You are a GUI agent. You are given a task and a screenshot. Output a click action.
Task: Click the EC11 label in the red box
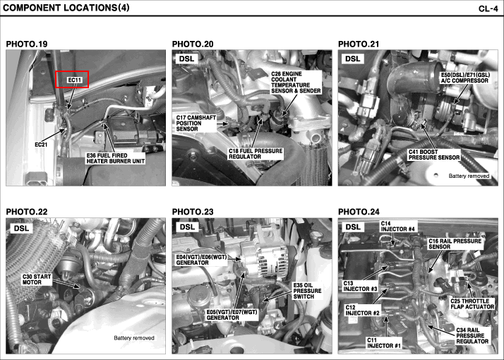[75, 80]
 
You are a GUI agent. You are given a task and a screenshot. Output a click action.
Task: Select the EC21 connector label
[41, 145]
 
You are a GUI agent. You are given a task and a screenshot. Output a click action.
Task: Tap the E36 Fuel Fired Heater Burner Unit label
[115, 158]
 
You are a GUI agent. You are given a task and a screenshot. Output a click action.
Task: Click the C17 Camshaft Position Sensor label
[196, 123]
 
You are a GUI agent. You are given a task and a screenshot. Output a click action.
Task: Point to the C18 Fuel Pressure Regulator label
[256, 154]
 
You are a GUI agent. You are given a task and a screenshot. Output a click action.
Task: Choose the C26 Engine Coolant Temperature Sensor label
[296, 83]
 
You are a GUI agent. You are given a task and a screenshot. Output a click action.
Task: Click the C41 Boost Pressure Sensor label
[434, 155]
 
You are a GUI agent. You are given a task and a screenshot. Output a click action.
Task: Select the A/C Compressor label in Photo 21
[465, 78]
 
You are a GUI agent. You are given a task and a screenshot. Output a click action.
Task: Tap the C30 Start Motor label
[37, 280]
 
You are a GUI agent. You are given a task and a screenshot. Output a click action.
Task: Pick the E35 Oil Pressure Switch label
[307, 291]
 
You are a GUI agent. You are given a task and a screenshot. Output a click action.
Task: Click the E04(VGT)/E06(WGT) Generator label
[202, 260]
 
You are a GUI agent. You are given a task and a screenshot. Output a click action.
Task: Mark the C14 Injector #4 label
[398, 227]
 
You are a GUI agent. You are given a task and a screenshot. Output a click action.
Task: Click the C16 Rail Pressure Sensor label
[455, 244]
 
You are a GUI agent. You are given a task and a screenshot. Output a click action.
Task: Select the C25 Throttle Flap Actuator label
[472, 304]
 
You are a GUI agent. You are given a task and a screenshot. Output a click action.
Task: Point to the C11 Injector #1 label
[384, 343]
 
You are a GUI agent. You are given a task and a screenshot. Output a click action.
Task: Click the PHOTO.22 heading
[27, 212]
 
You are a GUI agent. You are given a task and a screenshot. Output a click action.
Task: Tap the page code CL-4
[488, 8]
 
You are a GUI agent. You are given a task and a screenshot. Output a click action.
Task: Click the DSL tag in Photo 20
[187, 59]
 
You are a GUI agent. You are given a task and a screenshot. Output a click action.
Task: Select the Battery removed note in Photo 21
[469, 176]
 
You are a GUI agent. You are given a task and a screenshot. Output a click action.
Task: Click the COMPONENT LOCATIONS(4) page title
[66, 8]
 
